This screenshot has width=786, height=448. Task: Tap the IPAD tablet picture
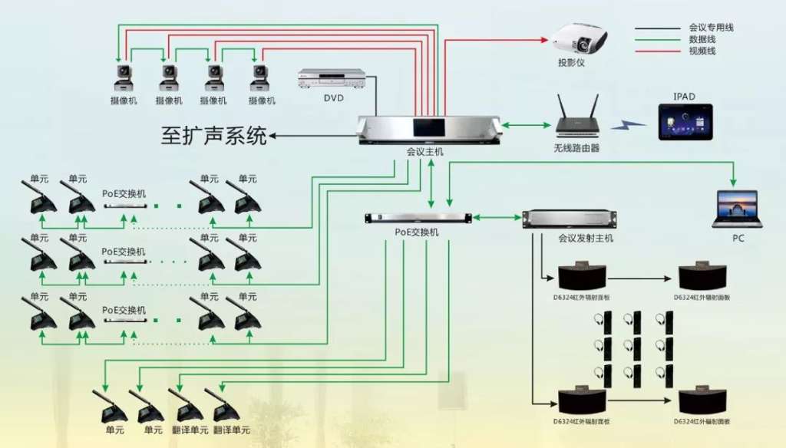(x=685, y=122)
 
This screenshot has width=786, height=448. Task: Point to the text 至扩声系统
(x=214, y=137)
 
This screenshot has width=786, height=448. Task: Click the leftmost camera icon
(x=123, y=77)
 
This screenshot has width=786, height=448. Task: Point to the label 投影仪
(x=571, y=62)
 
